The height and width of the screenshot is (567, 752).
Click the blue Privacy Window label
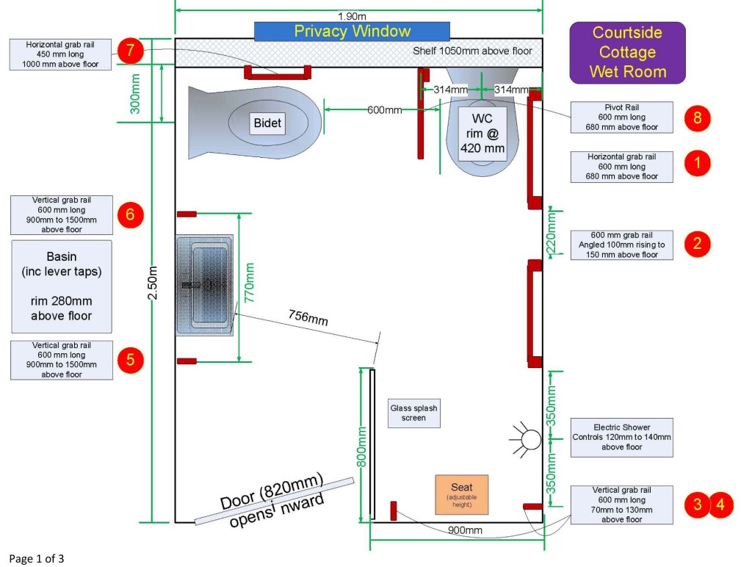[x=352, y=32]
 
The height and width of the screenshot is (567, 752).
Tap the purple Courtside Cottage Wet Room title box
[x=627, y=52]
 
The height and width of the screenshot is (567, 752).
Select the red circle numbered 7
[x=130, y=51]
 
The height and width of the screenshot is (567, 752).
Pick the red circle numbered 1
[x=697, y=164]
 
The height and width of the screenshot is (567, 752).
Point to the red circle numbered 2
[x=697, y=243]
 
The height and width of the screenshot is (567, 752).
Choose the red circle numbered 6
[x=130, y=214]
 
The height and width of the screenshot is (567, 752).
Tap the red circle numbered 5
[x=130, y=359]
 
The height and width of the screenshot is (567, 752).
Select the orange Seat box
[x=461, y=494]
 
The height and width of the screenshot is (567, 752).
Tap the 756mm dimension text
[x=307, y=320]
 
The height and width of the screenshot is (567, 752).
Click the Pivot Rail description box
[x=621, y=118]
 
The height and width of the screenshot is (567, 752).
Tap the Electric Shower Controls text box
[x=621, y=436]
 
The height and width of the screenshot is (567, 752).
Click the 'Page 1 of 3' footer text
[x=37, y=559]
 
